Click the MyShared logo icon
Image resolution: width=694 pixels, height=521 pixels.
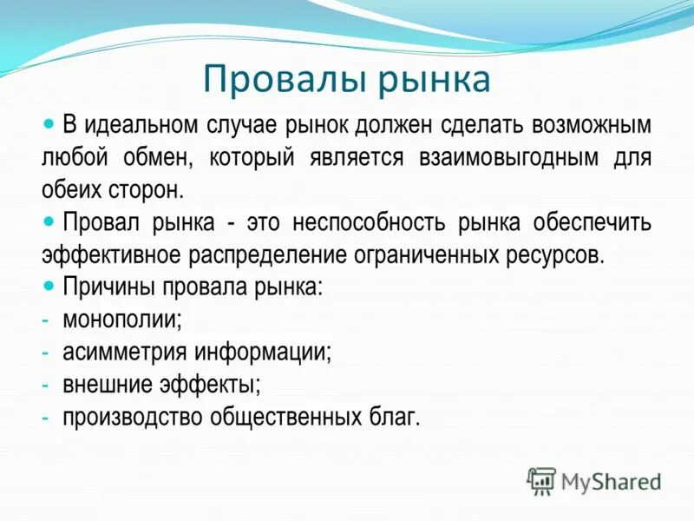click(x=541, y=480)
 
